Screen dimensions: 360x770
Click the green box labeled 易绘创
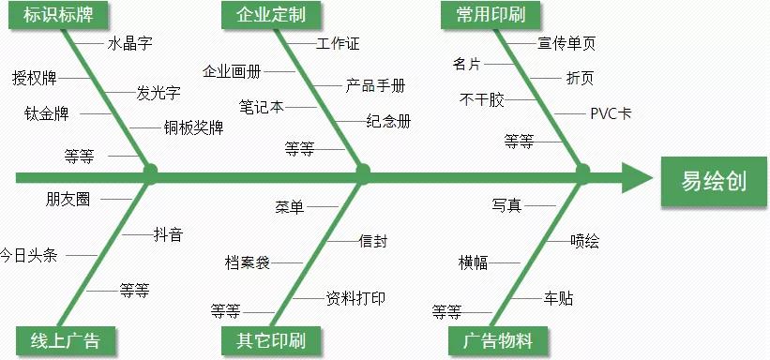click(714, 180)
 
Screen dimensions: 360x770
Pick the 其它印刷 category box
click(265, 339)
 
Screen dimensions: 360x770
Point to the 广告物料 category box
click(498, 339)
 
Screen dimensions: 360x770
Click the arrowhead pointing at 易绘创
click(636, 176)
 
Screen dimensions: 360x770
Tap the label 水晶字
click(129, 43)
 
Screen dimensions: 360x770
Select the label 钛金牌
click(46, 114)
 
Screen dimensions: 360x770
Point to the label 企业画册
click(232, 71)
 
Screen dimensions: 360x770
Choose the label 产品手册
click(375, 85)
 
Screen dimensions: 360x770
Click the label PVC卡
click(610, 114)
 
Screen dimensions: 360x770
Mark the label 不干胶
click(481, 98)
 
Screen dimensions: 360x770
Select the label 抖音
click(168, 234)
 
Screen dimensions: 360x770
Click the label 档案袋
click(248, 262)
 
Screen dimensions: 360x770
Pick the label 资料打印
click(355, 298)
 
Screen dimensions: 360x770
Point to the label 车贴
click(559, 299)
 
